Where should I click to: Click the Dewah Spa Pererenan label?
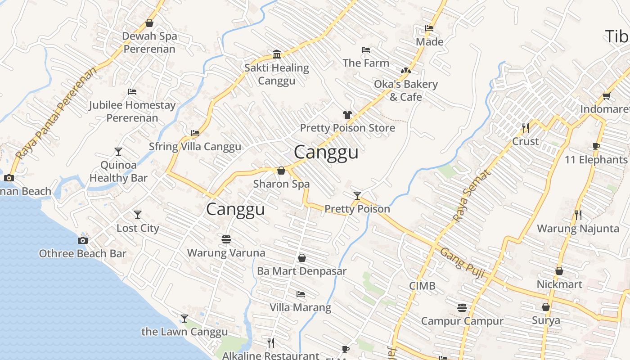point(149,42)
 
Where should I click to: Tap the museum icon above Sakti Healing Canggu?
point(277,55)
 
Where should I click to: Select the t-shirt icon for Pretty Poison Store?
point(347,115)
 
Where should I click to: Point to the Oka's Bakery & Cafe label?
point(405,90)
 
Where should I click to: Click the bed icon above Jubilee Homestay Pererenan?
point(132,92)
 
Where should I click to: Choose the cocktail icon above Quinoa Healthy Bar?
point(118,152)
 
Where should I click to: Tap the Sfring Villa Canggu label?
point(195,147)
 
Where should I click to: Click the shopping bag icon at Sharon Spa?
point(281,171)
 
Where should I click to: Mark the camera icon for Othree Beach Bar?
point(83,240)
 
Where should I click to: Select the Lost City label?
point(138,228)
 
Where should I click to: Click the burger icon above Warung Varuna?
point(226,238)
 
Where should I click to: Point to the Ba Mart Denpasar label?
point(301,271)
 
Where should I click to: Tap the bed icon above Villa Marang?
point(301,294)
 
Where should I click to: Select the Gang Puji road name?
point(462,263)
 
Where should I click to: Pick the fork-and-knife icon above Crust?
point(525,128)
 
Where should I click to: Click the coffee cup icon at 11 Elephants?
point(596,147)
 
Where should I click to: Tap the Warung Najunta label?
point(578,229)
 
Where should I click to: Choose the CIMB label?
point(422,286)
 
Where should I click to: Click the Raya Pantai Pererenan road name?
point(56,114)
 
